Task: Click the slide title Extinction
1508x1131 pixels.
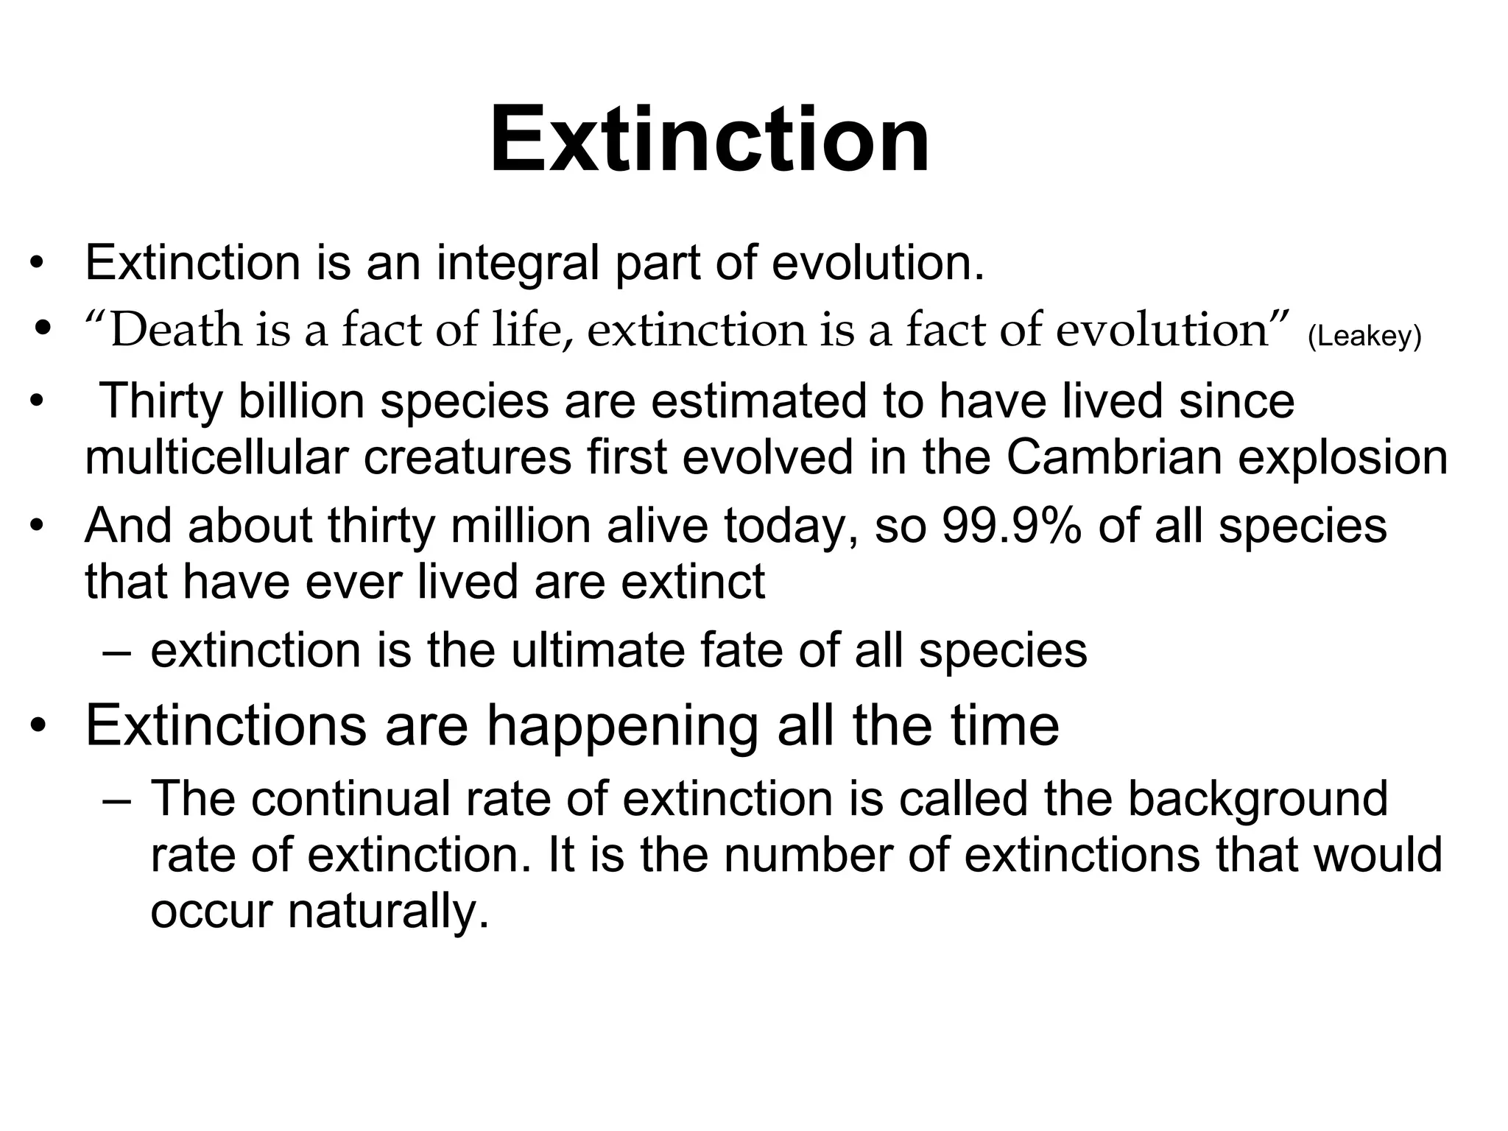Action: click(x=710, y=140)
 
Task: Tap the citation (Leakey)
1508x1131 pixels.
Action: click(x=1364, y=337)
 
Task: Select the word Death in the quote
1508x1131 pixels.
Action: click(x=177, y=329)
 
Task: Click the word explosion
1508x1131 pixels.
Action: click(x=1343, y=457)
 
